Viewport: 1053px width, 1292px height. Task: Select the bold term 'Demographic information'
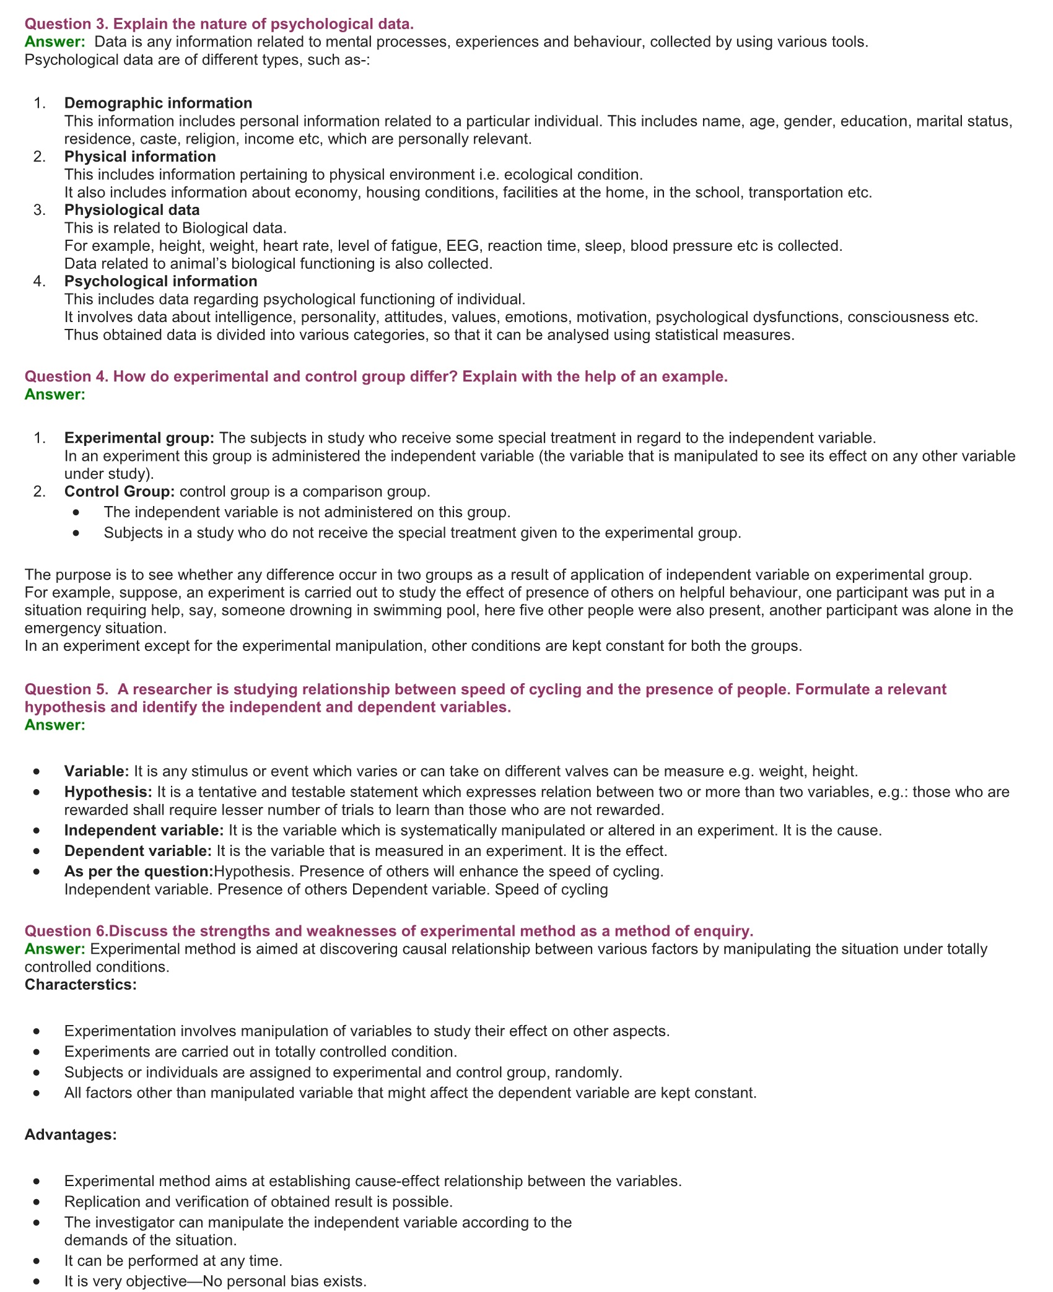coord(158,103)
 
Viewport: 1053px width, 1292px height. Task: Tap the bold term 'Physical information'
coord(140,157)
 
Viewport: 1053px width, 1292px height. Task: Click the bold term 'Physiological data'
coord(132,210)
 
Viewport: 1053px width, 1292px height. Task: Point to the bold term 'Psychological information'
coord(160,281)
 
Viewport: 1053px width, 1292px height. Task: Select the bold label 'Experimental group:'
coord(139,438)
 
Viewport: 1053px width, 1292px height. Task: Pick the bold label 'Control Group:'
coord(120,492)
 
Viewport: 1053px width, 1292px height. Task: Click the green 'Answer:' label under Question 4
coord(55,395)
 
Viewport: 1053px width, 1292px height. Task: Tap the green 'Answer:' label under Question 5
coord(55,725)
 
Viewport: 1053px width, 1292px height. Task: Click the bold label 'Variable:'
coord(96,772)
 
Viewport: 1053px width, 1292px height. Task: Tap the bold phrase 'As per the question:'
coord(138,871)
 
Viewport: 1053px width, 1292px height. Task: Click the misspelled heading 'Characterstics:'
coord(81,985)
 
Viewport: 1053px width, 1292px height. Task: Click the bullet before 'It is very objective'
coord(38,1281)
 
